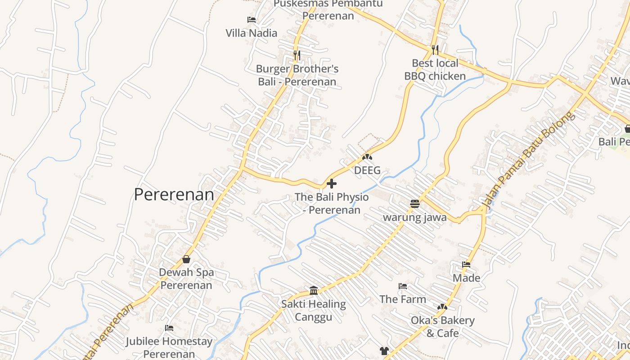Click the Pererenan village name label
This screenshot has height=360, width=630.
pyautogui.click(x=174, y=194)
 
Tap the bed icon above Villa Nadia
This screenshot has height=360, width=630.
pyautogui.click(x=252, y=20)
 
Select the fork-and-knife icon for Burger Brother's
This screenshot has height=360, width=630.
pyautogui.click(x=297, y=55)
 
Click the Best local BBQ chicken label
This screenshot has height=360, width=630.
pyautogui.click(x=435, y=69)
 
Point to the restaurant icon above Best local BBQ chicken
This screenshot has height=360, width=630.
pyautogui.click(x=435, y=49)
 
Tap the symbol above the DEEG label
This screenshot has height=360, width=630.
pyautogui.click(x=367, y=157)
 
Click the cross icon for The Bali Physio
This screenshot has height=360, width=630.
pyautogui.click(x=332, y=184)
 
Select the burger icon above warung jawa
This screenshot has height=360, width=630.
pyautogui.click(x=415, y=204)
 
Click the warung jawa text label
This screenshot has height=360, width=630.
pyautogui.click(x=415, y=217)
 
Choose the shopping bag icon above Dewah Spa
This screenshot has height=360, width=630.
pyautogui.click(x=186, y=259)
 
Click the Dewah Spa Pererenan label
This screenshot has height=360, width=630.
pyautogui.click(x=186, y=279)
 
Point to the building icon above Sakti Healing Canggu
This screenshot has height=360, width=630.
pyautogui.click(x=314, y=290)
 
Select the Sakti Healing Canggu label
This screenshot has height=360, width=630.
pyautogui.click(x=314, y=310)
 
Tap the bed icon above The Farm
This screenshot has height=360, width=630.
pyautogui.click(x=403, y=286)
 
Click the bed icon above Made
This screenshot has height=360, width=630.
pyautogui.click(x=466, y=265)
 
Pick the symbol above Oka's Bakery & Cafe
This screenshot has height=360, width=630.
pyautogui.click(x=442, y=307)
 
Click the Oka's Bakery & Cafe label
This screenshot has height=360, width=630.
pyautogui.click(x=443, y=327)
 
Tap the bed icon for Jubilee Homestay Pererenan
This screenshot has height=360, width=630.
pyautogui.click(x=169, y=328)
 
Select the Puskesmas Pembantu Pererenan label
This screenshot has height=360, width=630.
pyautogui.click(x=328, y=9)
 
